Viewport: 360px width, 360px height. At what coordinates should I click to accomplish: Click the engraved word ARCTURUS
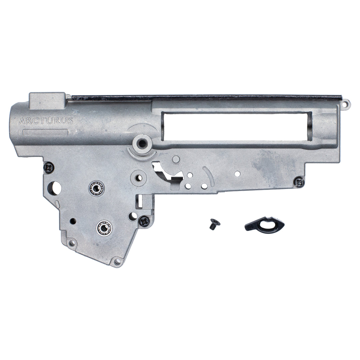(46, 121)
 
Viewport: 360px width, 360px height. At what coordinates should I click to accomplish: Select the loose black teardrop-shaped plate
(264, 224)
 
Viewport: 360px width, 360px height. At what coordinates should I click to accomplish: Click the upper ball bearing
(96, 188)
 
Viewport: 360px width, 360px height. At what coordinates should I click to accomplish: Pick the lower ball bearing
(104, 228)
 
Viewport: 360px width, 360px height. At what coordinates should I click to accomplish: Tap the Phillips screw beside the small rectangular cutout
(144, 221)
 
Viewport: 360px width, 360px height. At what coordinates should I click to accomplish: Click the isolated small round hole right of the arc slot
(237, 174)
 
